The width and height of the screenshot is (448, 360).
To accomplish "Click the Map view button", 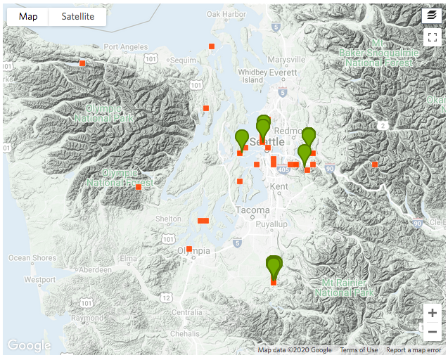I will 28,17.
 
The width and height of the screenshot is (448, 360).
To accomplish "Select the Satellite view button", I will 77,17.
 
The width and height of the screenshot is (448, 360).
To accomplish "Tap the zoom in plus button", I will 432,313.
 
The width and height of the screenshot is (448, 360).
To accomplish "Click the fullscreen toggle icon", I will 432,38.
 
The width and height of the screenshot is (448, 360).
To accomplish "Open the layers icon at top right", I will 432,15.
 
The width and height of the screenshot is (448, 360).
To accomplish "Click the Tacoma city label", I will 252,210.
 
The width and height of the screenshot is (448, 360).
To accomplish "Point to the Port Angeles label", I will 125,47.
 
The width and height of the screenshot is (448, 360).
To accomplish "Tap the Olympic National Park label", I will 109,113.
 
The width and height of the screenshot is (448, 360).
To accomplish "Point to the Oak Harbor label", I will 226,14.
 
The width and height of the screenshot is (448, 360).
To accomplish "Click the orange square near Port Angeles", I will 82,63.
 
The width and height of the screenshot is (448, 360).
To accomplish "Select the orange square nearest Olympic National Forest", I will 139,187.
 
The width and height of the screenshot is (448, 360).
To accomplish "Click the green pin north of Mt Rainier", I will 274,266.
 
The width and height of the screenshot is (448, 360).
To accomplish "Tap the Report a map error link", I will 414,350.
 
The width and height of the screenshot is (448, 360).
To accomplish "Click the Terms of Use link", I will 359,350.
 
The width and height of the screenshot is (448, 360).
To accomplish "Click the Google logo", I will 29,345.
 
